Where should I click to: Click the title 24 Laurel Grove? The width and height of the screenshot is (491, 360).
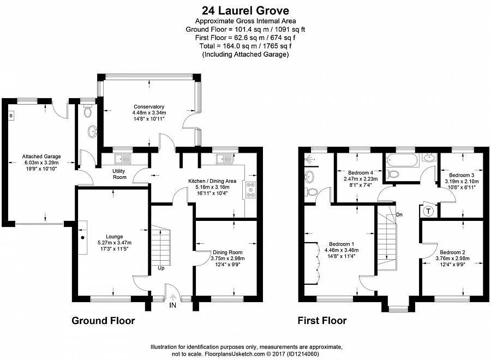pyautogui.click(x=245, y=11)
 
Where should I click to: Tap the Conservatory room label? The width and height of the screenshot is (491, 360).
pyautogui.click(x=149, y=107)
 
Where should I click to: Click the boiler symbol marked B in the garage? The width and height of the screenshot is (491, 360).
pyautogui.click(x=11, y=116)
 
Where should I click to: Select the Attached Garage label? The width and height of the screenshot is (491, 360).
pyautogui.click(x=41, y=157)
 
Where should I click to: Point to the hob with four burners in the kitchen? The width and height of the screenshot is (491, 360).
pyautogui.click(x=251, y=190)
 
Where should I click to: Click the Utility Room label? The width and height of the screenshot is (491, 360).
pyautogui.click(x=119, y=174)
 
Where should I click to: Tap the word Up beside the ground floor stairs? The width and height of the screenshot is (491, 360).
pyautogui.click(x=161, y=268)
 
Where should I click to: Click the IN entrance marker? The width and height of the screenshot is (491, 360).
pyautogui.click(x=172, y=305)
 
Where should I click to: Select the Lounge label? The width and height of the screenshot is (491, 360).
pyautogui.click(x=115, y=237)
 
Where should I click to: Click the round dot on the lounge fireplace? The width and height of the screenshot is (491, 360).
pyautogui.click(x=83, y=238)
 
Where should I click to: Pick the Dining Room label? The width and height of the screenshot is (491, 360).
pyautogui.click(x=227, y=253)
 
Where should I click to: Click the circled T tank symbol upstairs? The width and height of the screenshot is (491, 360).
pyautogui.click(x=429, y=211)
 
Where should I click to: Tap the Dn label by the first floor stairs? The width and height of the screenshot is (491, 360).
pyautogui.click(x=399, y=215)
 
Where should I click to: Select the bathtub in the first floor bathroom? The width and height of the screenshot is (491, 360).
pyautogui.click(x=402, y=161)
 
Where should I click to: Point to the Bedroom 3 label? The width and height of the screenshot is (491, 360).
pyautogui.click(x=462, y=175)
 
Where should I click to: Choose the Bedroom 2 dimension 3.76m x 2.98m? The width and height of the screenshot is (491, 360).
pyautogui.click(x=452, y=258)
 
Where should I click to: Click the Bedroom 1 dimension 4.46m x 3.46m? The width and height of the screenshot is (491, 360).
pyautogui.click(x=342, y=250)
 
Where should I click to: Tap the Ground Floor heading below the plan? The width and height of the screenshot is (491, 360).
pyautogui.click(x=103, y=321)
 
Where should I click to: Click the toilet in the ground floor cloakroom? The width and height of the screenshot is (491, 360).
pyautogui.click(x=87, y=111)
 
